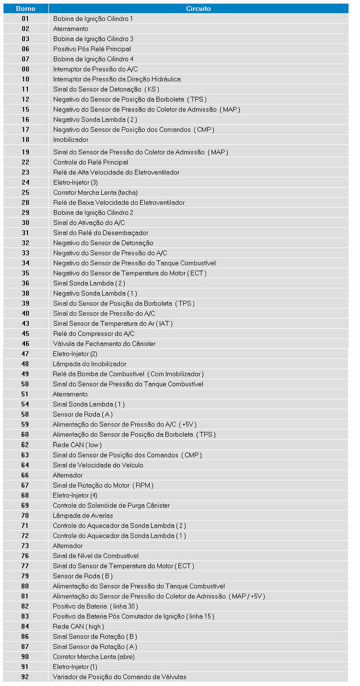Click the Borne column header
tap(25, 8)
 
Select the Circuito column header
tap(198, 8)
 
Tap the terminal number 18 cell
tap(25, 140)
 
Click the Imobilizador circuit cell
tap(71, 140)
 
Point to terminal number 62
tap(25, 445)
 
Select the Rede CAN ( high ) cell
tap(78, 627)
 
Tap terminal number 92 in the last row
tap(25, 677)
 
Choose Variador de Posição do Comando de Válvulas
tap(119, 677)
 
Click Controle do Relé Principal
tap(91, 162)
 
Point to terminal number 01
tap(25, 18)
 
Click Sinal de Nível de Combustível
tap(96, 556)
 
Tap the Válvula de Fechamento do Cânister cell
tap(104, 344)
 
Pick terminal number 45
tap(25, 334)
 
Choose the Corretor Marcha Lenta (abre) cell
tap(94, 657)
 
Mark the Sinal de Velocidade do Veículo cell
tap(98, 465)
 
